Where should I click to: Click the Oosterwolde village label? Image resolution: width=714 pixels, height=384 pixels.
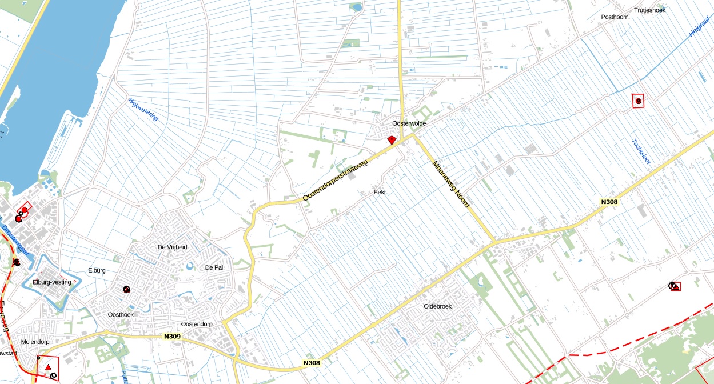tap(409, 123)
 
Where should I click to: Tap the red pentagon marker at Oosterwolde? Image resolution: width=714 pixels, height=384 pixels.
tap(392, 140)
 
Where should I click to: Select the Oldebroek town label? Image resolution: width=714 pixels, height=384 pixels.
tap(437, 306)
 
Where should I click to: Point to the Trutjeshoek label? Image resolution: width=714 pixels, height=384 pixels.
tap(649, 10)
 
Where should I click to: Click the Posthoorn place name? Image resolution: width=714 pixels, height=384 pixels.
tap(615, 17)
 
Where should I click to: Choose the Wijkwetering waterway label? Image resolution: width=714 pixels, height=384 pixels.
tap(143, 109)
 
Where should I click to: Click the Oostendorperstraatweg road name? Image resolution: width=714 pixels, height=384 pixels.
tap(336, 181)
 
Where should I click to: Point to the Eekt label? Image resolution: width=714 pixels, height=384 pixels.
tap(380, 192)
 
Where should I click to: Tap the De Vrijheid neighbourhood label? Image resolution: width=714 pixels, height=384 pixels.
tap(172, 247)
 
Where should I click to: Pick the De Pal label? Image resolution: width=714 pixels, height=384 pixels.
tap(213, 267)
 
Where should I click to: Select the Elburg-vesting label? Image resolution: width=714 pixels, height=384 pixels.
tap(51, 282)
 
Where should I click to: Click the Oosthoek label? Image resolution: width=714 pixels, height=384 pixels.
tap(120, 315)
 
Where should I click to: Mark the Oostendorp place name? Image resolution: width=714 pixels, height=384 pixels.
tap(197, 324)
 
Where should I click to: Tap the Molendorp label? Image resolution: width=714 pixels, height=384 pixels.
tap(35, 342)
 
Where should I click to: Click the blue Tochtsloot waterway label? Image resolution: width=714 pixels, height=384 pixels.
tap(638, 151)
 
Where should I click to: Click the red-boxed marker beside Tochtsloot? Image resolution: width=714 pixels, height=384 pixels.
tap(638, 101)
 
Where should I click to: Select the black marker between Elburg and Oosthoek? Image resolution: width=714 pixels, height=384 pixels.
tap(126, 290)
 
